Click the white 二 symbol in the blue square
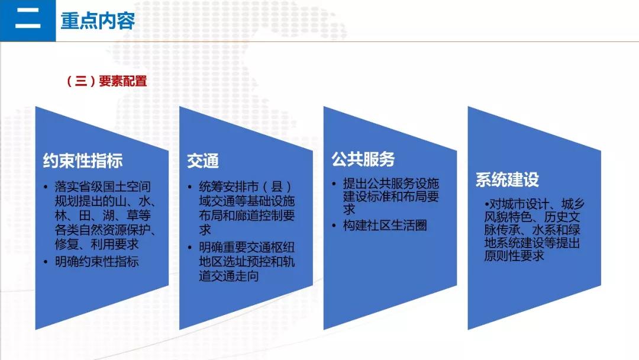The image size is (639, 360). tap(28, 20)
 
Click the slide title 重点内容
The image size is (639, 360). tap(98, 21)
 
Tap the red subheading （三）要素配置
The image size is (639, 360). tap(106, 81)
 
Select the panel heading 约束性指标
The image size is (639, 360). tap(83, 160)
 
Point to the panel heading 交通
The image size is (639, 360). tap(203, 161)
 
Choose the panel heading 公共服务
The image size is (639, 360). tap(363, 159)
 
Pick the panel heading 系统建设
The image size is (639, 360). tap(507, 179)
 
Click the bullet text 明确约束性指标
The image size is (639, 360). tap(97, 261)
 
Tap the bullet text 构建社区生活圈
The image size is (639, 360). tap(385, 225)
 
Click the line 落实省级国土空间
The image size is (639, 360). tap(103, 187)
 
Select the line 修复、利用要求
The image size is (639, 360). tap(97, 244)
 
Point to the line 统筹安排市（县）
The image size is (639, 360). tap(246, 187)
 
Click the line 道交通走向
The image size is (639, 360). tap(229, 276)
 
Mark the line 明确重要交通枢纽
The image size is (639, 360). tap(247, 247)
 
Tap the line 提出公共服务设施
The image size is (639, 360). tap(391, 184)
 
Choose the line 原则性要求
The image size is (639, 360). tap(514, 256)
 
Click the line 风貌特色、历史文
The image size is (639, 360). tap(532, 217)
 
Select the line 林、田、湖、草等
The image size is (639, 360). tap(103, 216)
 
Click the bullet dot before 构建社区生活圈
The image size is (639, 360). tap(334, 226)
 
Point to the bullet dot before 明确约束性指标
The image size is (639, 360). tap(46, 262)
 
